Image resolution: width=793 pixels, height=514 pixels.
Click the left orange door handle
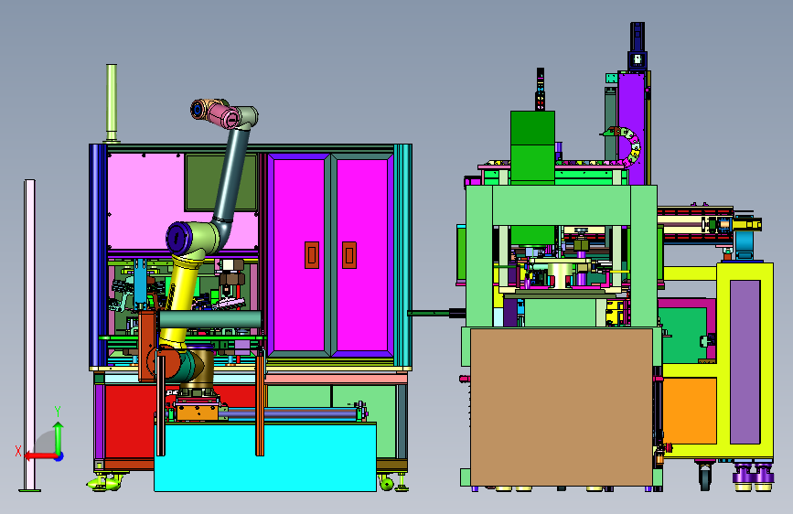coord(312,255)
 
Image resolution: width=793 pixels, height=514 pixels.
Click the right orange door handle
coord(349,255)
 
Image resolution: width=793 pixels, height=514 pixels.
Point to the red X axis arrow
coord(40,456)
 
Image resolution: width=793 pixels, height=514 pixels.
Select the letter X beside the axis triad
coord(18,451)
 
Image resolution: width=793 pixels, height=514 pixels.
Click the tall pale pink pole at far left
coord(30,334)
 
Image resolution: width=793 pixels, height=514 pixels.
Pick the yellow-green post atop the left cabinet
coord(112,102)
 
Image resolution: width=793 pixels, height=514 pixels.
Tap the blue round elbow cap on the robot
coord(177,238)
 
